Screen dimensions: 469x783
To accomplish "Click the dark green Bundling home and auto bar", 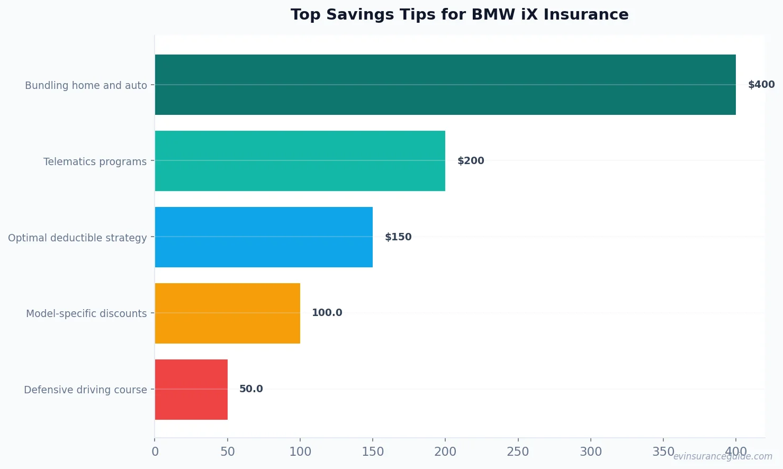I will tap(445, 85).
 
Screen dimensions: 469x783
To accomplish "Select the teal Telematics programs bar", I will tap(300, 161).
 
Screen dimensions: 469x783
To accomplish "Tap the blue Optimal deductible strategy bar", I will tap(264, 237).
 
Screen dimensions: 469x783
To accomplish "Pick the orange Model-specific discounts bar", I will tap(227, 313).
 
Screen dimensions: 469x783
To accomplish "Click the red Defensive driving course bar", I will tap(191, 390).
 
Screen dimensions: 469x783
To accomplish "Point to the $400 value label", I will tap(761, 85).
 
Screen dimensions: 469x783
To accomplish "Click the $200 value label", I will tap(471, 161).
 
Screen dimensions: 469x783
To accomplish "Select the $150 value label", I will tap(398, 237).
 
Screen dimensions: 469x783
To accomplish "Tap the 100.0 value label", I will tap(327, 313).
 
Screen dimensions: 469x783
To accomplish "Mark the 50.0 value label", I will tap(251, 389).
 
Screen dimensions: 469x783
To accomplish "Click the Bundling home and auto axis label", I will tap(86, 85).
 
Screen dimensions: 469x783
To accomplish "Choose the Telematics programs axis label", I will tap(95, 161).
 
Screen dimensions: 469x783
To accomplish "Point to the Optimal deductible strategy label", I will tap(77, 238).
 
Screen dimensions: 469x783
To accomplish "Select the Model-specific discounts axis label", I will tap(86, 313).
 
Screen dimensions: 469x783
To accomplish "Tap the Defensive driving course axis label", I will tap(85, 390).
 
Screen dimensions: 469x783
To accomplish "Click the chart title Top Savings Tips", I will tap(460, 14).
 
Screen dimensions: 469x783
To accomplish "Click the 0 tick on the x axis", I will tap(155, 452).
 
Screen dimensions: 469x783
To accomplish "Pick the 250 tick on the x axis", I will tap(518, 452).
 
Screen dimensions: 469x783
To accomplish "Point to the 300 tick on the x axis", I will tap(590, 452).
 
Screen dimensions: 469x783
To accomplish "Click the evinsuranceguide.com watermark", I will tap(722, 456).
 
